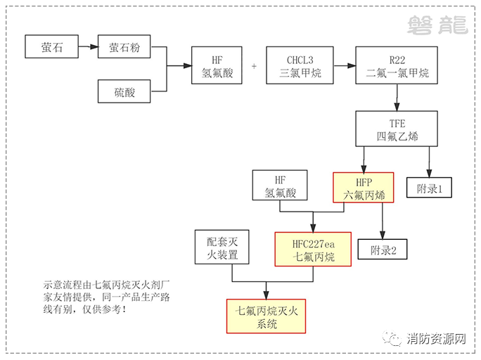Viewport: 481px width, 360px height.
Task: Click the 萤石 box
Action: [x=51, y=48]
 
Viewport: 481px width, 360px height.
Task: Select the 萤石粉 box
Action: [x=124, y=48]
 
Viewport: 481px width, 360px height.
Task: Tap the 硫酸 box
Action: [x=124, y=91]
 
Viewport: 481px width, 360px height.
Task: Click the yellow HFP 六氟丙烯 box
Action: [x=364, y=187]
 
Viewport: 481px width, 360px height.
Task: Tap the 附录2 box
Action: [x=383, y=249]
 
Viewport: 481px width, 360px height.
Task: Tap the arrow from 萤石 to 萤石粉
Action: [x=88, y=48]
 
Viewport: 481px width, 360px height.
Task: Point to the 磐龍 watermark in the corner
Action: [x=437, y=26]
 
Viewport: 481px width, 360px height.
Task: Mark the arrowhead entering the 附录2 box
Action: [x=383, y=237]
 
